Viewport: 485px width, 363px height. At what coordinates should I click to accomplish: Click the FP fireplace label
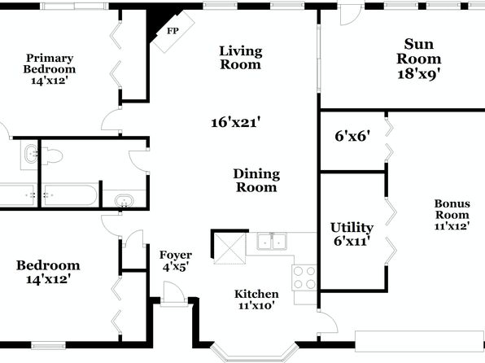(173, 31)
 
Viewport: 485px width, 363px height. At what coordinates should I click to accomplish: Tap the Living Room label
(241, 58)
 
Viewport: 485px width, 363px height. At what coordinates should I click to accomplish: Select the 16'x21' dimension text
(235, 123)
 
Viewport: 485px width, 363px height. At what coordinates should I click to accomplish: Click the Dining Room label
(256, 181)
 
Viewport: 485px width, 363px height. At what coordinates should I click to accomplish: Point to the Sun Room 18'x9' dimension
(419, 74)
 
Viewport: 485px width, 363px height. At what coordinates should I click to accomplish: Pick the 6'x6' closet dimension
(352, 136)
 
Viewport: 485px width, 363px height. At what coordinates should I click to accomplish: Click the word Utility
(352, 228)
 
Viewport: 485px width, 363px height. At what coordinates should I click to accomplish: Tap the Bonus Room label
(452, 209)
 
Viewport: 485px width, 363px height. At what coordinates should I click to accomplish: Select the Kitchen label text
(256, 294)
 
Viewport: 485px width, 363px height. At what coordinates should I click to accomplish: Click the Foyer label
(176, 256)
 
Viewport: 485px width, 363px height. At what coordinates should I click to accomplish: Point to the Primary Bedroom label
(50, 63)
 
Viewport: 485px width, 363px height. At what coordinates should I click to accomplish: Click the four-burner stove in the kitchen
(304, 278)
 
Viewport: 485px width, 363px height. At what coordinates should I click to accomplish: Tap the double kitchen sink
(272, 241)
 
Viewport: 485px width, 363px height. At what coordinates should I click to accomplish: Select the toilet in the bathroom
(51, 155)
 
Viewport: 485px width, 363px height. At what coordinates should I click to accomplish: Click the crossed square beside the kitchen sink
(229, 248)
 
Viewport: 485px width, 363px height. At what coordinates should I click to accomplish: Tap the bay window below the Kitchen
(254, 352)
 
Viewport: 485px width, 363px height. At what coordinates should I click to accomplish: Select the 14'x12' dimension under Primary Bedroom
(50, 81)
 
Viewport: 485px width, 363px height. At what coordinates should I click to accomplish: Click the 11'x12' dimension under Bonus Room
(452, 226)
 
